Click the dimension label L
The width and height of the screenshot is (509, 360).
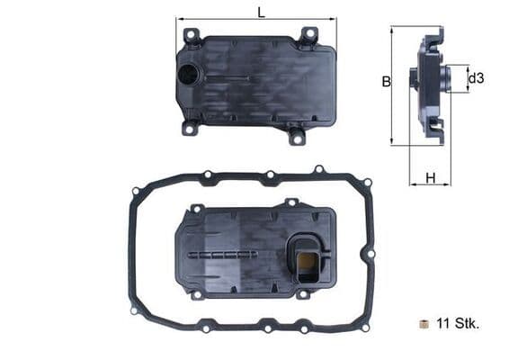pyautogui.click(x=261, y=12)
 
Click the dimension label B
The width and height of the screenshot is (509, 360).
pyautogui.click(x=385, y=82)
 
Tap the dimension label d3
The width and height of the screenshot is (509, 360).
pyautogui.click(x=477, y=78)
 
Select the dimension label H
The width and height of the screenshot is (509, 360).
pyautogui.click(x=431, y=178)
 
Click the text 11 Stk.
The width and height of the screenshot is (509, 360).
pyautogui.click(x=458, y=323)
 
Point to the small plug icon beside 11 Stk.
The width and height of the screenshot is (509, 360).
pyautogui.click(x=424, y=323)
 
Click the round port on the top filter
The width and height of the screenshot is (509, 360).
pyautogui.click(x=189, y=75)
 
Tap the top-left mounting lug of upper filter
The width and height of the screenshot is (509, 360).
pyautogui.click(x=192, y=36)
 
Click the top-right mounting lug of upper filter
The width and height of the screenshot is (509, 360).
pyautogui.click(x=308, y=36)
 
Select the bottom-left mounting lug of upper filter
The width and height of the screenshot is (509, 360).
pyautogui.click(x=191, y=128)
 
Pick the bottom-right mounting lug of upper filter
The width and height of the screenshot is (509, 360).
pyautogui.click(x=296, y=136)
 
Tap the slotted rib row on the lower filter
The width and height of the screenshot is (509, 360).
pyautogui.click(x=225, y=255)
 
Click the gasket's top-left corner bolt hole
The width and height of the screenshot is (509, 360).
pyautogui.click(x=136, y=191)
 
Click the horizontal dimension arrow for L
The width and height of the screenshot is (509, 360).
pyautogui.click(x=256, y=20)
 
